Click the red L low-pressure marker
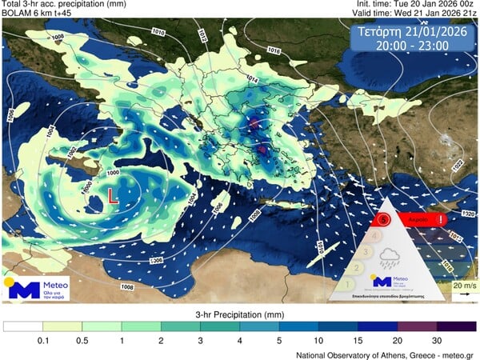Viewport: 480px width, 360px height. [x=113, y=194]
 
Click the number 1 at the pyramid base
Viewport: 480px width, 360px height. [x=349, y=282]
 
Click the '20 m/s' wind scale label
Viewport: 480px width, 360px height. [x=462, y=286]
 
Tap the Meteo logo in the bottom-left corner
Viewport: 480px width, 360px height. [x=36, y=289]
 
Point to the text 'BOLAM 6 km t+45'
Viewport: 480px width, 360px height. [x=36, y=14]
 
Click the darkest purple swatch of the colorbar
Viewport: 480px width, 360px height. [x=457, y=326]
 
